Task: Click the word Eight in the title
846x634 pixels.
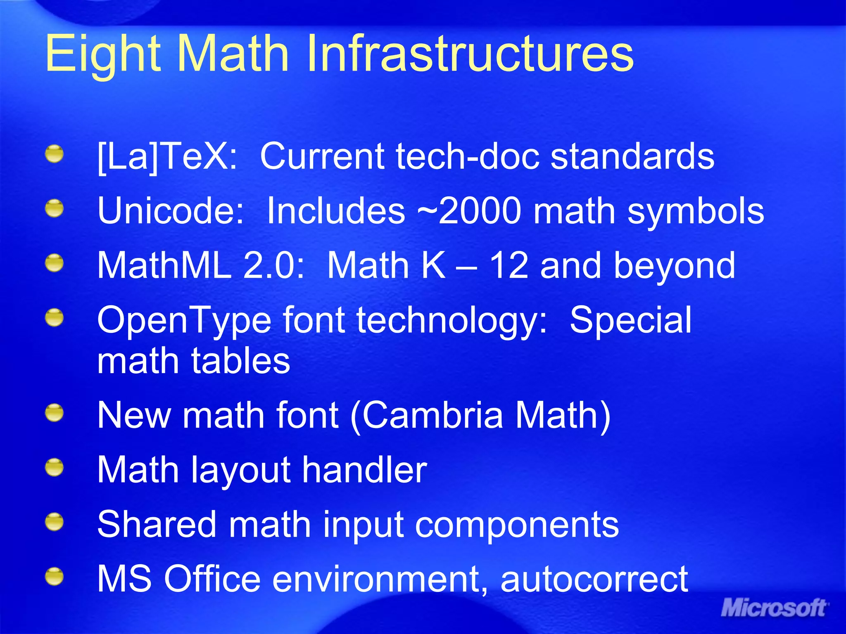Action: coord(102,54)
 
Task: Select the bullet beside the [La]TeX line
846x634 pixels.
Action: coord(55,154)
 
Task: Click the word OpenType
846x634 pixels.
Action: coord(184,320)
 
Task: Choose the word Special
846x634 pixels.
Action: coord(630,320)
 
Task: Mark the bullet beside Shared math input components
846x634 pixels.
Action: coord(55,522)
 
